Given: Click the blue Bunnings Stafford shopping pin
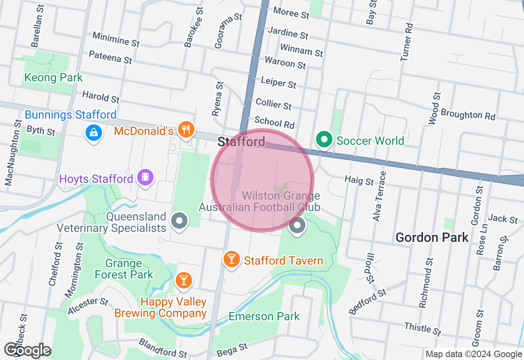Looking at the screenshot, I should click(94, 132).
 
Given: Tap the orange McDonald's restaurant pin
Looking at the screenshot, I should click(186, 129).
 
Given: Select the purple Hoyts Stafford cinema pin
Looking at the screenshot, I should click(145, 178).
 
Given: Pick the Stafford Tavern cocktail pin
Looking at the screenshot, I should click(231, 259).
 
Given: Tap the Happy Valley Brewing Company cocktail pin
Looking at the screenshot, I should click(183, 280).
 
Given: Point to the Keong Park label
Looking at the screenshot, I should click(53, 77).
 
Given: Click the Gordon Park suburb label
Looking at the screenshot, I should click(432, 237).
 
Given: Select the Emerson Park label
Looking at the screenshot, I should click(264, 316).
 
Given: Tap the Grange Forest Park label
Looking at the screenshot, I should click(124, 269).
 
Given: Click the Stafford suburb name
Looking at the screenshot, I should click(241, 142).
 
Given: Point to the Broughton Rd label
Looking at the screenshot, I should click(468, 114).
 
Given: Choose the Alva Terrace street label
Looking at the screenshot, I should click(379, 196).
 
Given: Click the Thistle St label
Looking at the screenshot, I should click(423, 328).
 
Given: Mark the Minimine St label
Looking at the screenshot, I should click(116, 39).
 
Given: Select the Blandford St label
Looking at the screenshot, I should click(163, 348).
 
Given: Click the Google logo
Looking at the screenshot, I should click(28, 351).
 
